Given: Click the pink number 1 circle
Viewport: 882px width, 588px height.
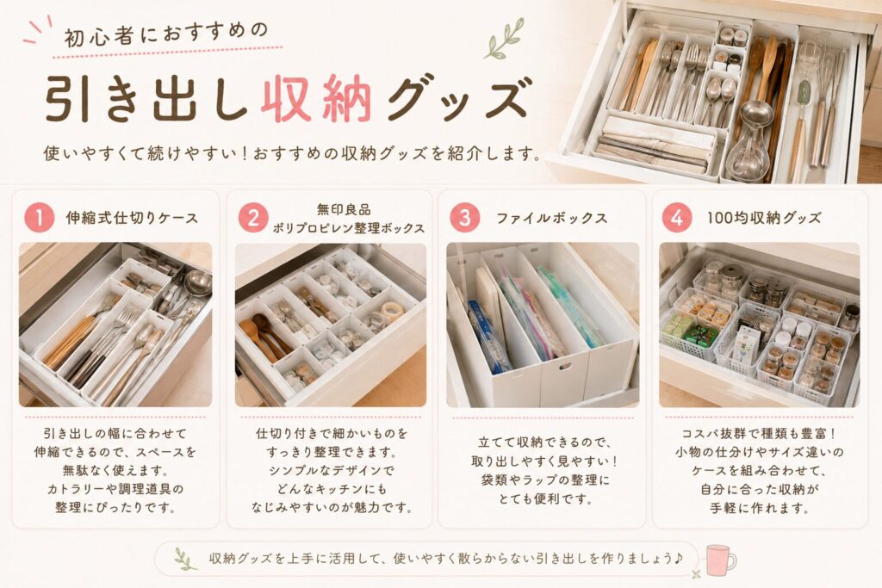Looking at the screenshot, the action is (x=39, y=218).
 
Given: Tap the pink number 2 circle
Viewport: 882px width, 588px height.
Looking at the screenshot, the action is (x=253, y=218).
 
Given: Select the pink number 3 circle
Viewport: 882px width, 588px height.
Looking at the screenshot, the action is (x=465, y=218).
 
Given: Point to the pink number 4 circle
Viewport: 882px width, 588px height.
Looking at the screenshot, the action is (x=677, y=218).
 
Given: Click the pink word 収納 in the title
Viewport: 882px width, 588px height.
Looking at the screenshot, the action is (x=316, y=99).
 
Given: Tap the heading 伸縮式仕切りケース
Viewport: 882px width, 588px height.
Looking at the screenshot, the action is (x=132, y=218).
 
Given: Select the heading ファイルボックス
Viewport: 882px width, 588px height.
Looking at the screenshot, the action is (x=551, y=218).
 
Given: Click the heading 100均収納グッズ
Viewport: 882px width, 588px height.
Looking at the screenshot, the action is (x=764, y=218).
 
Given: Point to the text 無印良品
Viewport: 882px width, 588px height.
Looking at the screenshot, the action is (x=344, y=210).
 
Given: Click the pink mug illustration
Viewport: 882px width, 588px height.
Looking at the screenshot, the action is (x=719, y=560).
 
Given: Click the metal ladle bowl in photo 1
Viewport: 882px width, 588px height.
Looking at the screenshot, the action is (x=198, y=282).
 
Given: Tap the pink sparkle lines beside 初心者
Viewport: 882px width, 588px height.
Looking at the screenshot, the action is (x=38, y=31).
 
